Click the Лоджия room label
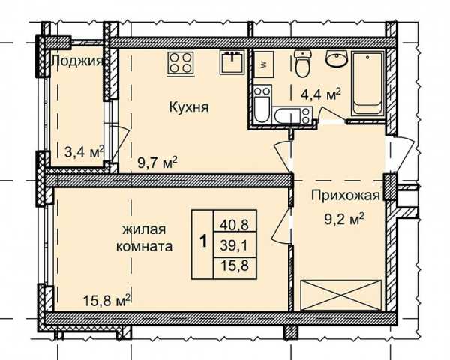(x=77, y=61)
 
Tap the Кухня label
(x=189, y=107)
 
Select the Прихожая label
(x=346, y=196)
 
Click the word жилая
(x=144, y=229)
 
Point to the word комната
(x=144, y=246)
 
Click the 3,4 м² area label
(x=84, y=151)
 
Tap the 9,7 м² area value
(x=157, y=163)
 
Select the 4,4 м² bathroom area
(x=321, y=94)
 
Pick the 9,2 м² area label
(x=344, y=219)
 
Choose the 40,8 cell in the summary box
(x=234, y=224)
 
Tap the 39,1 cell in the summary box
(x=234, y=245)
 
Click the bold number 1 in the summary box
(x=203, y=241)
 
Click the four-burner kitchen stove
(x=180, y=64)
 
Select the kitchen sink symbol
(x=232, y=62)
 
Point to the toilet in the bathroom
(x=303, y=64)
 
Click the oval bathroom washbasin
(x=336, y=58)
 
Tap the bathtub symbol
(x=367, y=84)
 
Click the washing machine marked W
(x=263, y=64)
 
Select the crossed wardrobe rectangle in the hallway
(x=341, y=295)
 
